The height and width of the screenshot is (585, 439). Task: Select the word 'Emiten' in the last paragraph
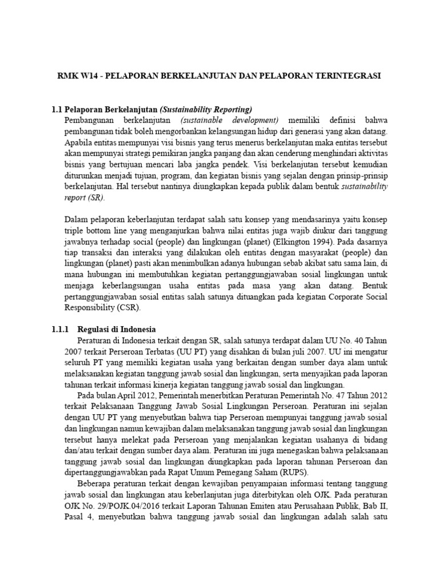tap(250, 504)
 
